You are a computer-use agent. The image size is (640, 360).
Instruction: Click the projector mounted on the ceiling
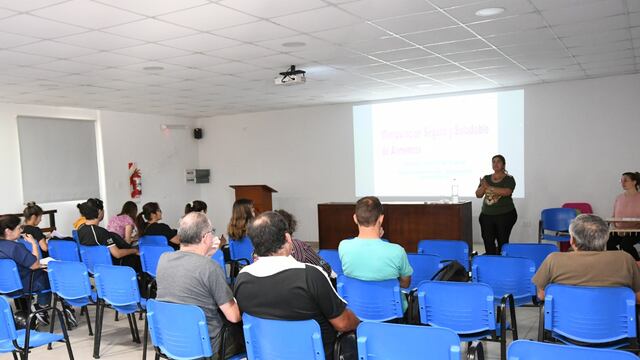click(x=290, y=75)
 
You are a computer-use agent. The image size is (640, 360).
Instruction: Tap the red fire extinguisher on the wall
click(x=135, y=181)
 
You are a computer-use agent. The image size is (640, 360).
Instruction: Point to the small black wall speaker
click(x=197, y=133)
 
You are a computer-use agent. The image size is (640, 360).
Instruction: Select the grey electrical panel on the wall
click(x=197, y=176)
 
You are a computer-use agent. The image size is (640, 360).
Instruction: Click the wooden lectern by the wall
click(x=254, y=196)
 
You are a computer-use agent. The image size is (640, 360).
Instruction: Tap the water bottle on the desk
click(x=454, y=191)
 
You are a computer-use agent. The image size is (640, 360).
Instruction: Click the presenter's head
click(x=498, y=163)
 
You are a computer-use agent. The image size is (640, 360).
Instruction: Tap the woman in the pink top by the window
click(x=123, y=223)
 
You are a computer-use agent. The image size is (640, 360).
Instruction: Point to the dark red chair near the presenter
click(x=577, y=208)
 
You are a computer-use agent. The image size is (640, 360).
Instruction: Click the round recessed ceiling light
click(x=490, y=12)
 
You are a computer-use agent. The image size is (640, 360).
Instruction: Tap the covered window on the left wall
click(x=58, y=160)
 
